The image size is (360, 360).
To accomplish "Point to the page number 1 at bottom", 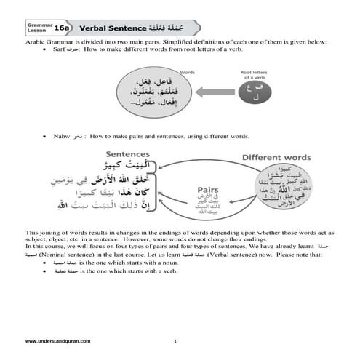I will (175, 340).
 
